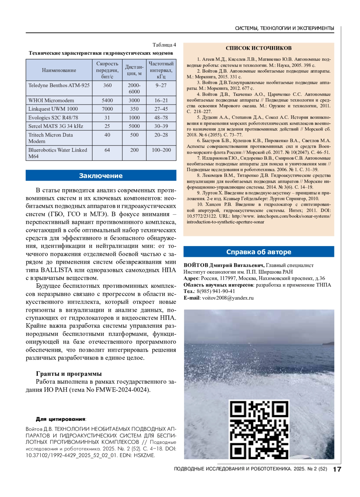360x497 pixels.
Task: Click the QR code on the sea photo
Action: [259, 429]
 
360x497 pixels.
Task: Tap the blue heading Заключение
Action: [101, 176]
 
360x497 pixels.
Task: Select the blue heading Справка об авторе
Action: [259, 252]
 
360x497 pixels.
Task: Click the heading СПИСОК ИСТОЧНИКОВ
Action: [259, 48]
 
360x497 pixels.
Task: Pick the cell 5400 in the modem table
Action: [107, 100]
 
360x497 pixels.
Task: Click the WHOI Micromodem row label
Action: [51, 100]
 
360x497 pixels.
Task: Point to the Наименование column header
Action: [59, 70]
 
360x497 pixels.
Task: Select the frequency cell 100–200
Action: [161, 150]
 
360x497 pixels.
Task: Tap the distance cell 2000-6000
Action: [134, 88]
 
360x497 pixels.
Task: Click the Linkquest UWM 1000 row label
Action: [53, 109]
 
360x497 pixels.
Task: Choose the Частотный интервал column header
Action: [161, 70]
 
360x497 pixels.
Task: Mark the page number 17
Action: [337, 469]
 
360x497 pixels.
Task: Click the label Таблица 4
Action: [164, 45]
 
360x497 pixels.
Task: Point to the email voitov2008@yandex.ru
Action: [228, 298]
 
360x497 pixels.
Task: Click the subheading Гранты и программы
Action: [69, 374]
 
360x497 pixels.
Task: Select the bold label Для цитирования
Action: [61, 419]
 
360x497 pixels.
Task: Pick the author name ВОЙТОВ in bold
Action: [196, 265]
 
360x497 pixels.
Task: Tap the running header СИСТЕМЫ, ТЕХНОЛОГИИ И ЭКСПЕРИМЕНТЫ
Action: [284, 28]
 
